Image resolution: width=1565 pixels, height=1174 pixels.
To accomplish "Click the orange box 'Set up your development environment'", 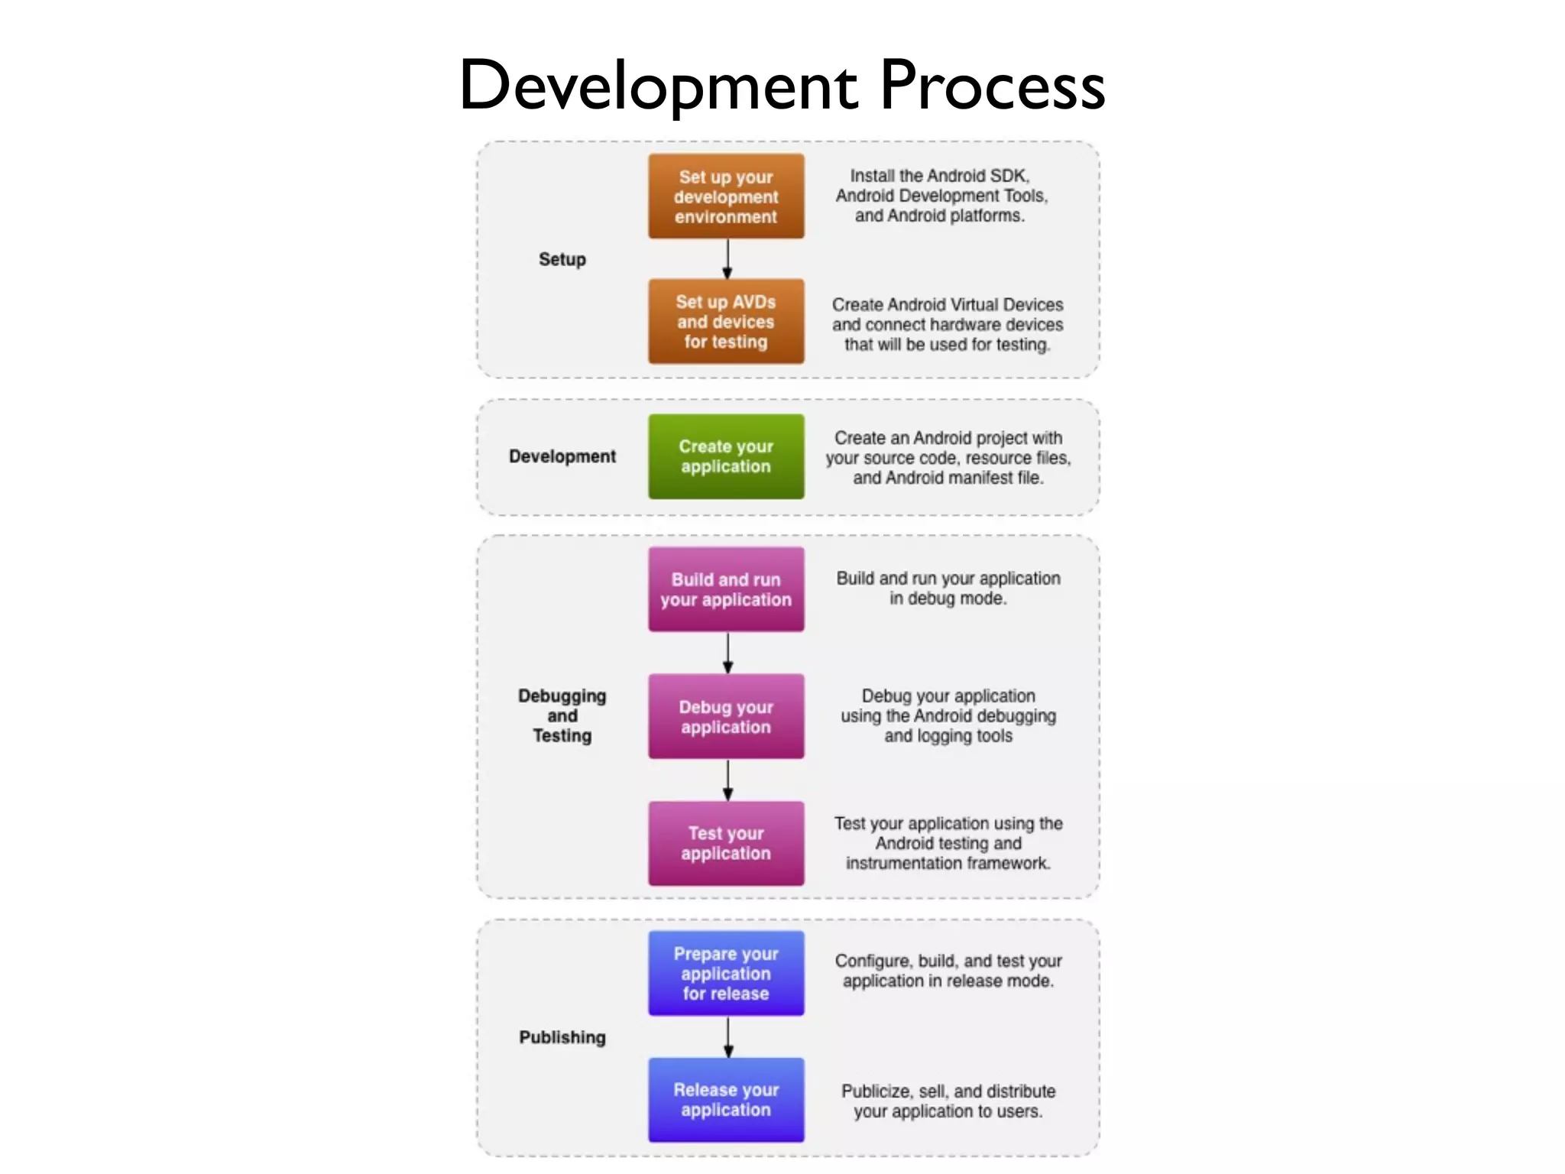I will [x=726, y=196].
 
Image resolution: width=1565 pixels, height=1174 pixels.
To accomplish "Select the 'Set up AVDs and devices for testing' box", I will [x=726, y=322].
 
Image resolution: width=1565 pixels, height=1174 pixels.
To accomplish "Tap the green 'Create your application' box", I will [x=726, y=456].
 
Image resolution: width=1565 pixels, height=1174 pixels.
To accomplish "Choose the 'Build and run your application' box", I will [x=726, y=589].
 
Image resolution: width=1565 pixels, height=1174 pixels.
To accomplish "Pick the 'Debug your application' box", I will [x=726, y=716].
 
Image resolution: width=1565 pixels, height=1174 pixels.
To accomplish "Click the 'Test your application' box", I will [x=726, y=843].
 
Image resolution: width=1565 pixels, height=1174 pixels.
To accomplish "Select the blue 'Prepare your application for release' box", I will [x=726, y=973].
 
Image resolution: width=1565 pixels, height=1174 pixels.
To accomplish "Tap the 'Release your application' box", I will [x=726, y=1100].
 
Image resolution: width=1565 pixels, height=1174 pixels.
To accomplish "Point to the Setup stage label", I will [x=562, y=259].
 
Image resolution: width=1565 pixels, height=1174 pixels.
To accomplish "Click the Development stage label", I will [x=562, y=456].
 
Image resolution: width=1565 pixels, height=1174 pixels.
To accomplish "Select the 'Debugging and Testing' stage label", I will [x=562, y=716].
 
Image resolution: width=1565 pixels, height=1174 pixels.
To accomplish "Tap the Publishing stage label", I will [x=562, y=1037].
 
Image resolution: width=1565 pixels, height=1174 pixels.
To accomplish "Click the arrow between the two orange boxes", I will [x=727, y=259].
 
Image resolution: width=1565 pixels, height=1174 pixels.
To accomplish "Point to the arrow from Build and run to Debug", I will [x=727, y=653].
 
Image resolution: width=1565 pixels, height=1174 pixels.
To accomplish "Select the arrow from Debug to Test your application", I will [x=727, y=780].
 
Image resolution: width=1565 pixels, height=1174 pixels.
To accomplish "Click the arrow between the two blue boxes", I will [x=727, y=1037].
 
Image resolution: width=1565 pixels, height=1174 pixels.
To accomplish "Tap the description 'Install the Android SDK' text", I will [x=941, y=196].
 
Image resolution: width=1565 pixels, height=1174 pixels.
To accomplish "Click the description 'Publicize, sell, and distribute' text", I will [x=948, y=1101].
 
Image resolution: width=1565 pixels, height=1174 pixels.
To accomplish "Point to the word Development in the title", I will [x=659, y=86].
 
